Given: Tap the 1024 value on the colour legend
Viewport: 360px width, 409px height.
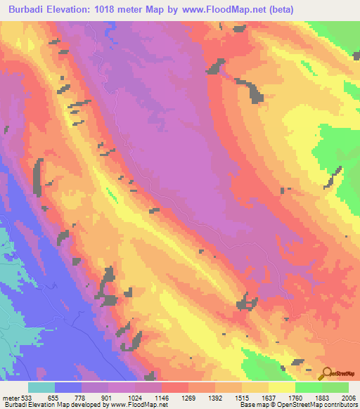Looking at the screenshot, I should point(135,397).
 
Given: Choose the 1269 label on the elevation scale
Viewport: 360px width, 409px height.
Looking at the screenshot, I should point(188,397).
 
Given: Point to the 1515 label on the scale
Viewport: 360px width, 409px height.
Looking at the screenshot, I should point(242,397).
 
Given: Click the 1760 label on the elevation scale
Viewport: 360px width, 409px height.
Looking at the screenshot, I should point(295,397).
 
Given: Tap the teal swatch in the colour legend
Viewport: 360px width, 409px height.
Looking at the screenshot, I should point(41,387).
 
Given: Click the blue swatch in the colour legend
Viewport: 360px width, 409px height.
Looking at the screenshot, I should point(68,387).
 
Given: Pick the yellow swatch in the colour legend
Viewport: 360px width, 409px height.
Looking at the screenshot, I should point(282,387).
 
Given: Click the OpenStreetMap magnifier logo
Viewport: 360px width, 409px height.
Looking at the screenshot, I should point(326,372).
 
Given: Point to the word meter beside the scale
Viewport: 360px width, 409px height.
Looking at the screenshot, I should point(11,397).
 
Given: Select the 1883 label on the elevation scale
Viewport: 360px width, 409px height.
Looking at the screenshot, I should point(322,397).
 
